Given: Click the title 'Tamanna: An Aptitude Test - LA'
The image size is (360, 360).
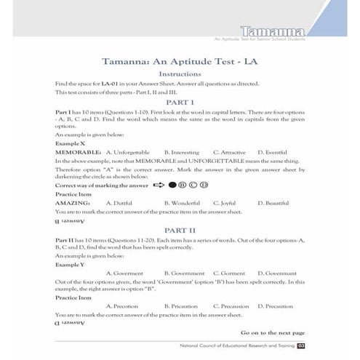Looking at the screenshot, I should tap(180, 60).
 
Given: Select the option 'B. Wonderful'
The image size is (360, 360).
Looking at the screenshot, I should tap(183, 203).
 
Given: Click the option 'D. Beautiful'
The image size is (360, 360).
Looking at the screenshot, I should tap(273, 203).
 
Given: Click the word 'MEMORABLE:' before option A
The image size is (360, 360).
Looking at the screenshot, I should tap(76, 152).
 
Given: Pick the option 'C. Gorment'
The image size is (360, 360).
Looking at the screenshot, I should tap(228, 273).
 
